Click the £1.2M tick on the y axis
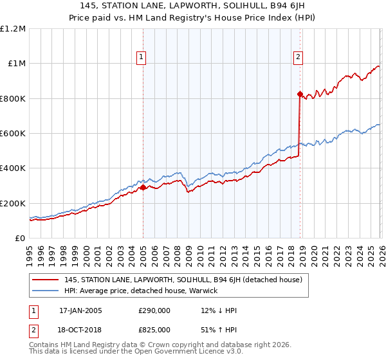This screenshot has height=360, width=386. [13, 29]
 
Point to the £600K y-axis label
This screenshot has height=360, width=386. [13, 134]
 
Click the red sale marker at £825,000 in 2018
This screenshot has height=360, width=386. [300, 94]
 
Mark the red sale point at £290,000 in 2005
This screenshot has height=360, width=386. [143, 188]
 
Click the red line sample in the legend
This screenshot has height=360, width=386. [46, 280]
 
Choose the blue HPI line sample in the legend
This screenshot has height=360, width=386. [46, 291]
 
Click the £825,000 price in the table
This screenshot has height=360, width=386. [154, 329]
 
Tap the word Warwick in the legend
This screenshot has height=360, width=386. [203, 291]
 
